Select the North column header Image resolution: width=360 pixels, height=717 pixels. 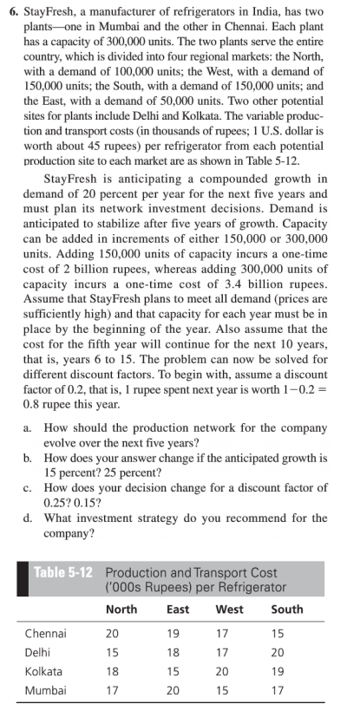click(121, 609)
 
